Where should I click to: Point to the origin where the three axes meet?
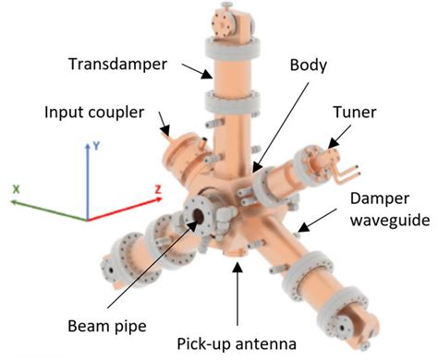click(87, 220)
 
